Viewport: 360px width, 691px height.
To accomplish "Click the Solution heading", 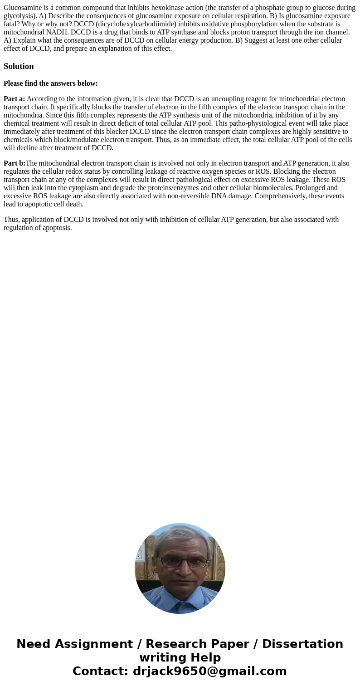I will [x=19, y=66].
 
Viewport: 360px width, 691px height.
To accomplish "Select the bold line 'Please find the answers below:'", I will [x=51, y=83].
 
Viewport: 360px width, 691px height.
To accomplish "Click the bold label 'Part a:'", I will [x=14, y=99].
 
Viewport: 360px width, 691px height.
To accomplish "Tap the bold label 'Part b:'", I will [x=15, y=163].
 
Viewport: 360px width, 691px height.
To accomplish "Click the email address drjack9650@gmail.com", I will [x=209, y=671].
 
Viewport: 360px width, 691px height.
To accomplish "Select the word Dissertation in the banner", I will [x=302, y=644].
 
